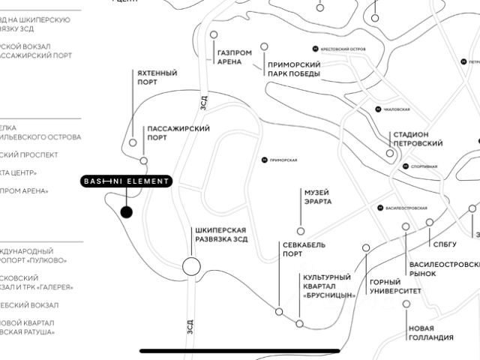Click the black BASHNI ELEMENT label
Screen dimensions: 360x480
point(127,181)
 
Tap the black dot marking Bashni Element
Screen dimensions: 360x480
point(126,212)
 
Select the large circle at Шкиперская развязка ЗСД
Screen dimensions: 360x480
point(191,265)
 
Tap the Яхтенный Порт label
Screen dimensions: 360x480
point(157,77)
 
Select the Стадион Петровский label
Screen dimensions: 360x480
point(417,138)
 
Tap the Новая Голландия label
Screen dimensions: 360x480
point(431,332)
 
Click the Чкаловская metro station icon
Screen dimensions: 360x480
point(378,109)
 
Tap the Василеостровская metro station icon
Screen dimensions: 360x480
point(380,208)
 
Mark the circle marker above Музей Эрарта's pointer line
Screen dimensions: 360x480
point(301,231)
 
